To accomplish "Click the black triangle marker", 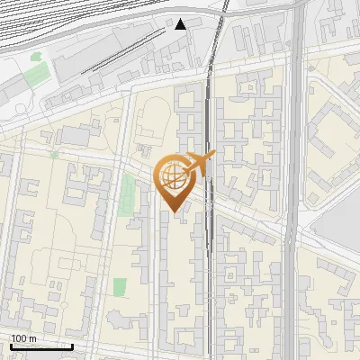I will (x=182, y=23).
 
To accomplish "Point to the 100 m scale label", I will (x=23, y=338).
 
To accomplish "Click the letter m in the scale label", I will (x=32, y=338).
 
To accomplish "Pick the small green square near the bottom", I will (x=120, y=287).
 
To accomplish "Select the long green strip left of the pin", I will (x=127, y=195).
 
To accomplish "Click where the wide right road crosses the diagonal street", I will (x=292, y=236).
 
